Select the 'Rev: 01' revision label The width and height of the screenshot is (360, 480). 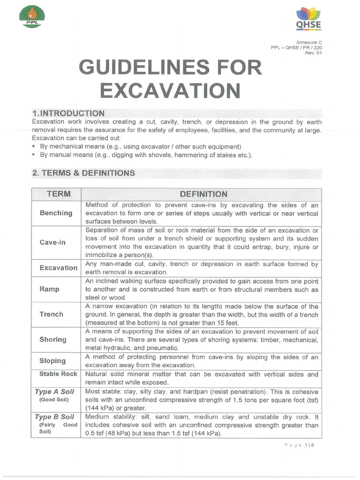coord(313,52)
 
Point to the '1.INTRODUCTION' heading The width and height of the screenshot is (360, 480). coord(68,113)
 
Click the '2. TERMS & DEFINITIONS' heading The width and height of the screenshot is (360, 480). coord(83,173)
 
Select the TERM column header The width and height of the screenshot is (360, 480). coord(56,194)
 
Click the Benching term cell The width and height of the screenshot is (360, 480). coord(56,213)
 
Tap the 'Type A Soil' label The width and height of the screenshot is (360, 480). coord(54,391)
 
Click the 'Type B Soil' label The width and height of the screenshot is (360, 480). coord(54,417)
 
